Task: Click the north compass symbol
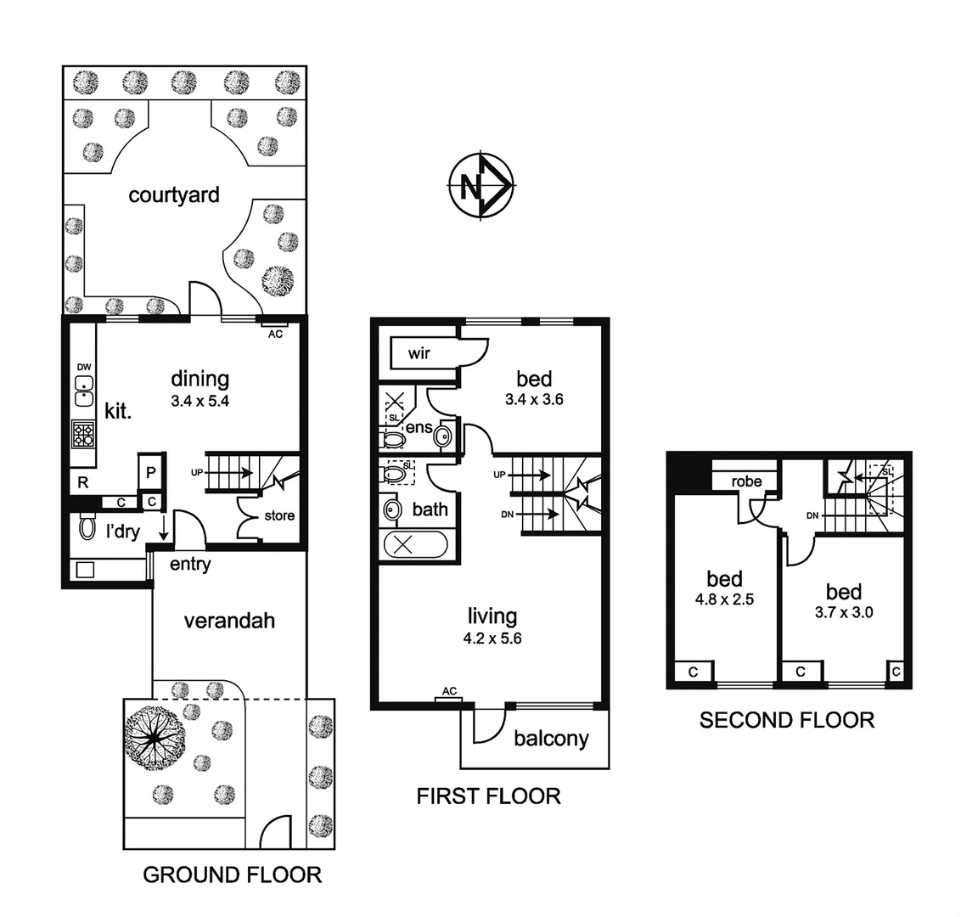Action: [x=480, y=185]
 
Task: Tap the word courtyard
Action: [x=174, y=194]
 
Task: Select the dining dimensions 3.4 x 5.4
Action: [x=200, y=402]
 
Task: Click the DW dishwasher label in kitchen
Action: [x=83, y=367]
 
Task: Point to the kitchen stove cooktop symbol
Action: [x=84, y=434]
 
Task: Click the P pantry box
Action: [x=150, y=472]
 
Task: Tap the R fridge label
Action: [x=82, y=482]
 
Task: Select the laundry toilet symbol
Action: [x=87, y=529]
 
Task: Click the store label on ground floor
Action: [x=279, y=515]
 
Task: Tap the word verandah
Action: [x=229, y=621]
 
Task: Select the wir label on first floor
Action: [x=419, y=353]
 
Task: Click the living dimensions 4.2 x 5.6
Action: [x=493, y=639]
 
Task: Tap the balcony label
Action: [x=551, y=739]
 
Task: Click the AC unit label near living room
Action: [x=449, y=691]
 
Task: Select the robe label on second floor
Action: [x=746, y=481]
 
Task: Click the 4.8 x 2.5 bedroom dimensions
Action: [x=724, y=599]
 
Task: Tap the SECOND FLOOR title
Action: [x=786, y=720]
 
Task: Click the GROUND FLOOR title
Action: [x=232, y=875]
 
